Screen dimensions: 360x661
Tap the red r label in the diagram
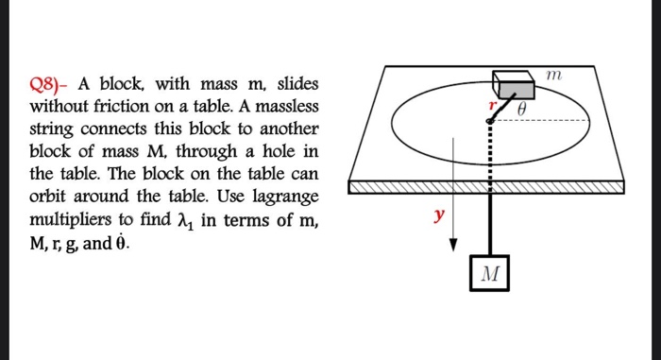[491, 105]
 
